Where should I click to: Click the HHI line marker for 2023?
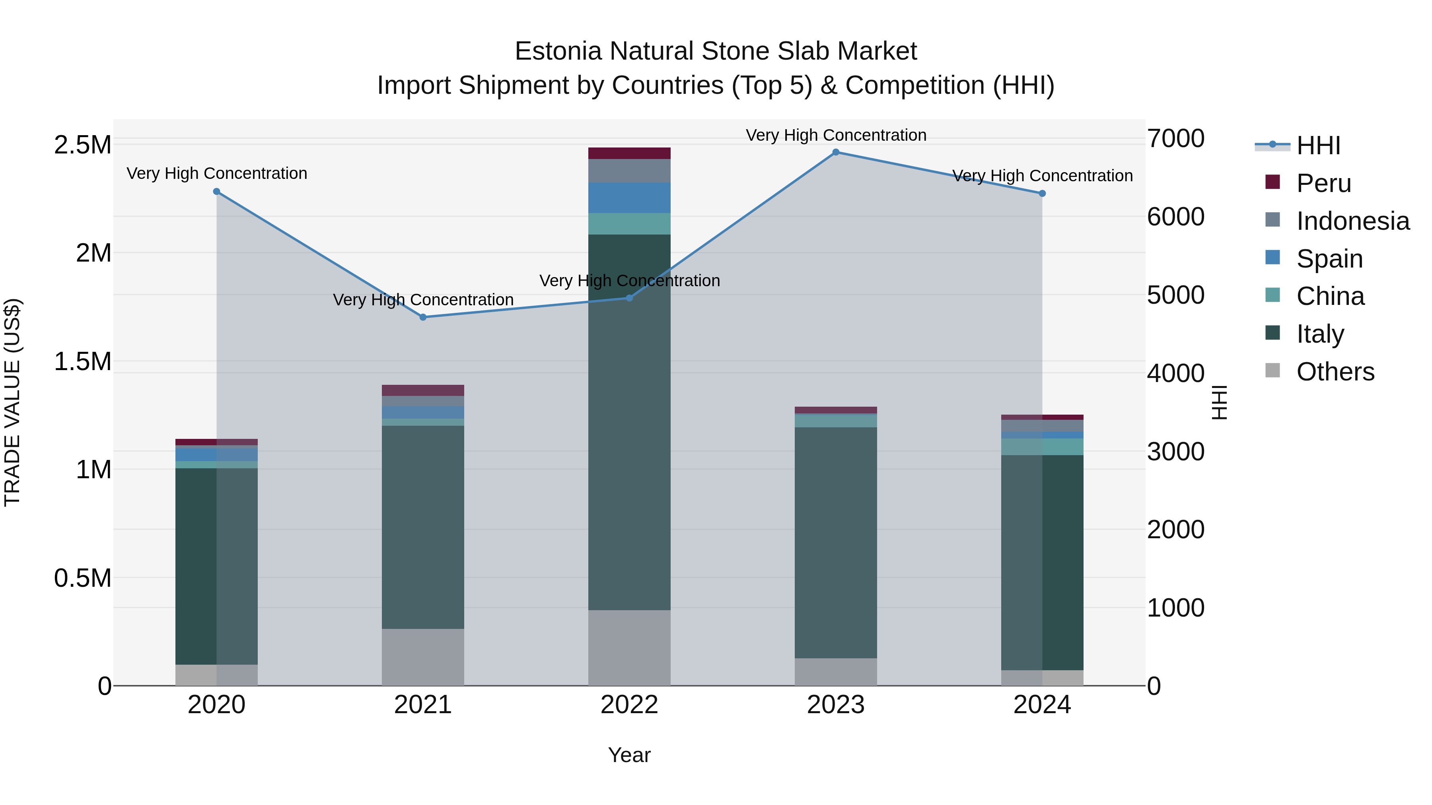(835, 152)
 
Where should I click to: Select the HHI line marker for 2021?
(423, 317)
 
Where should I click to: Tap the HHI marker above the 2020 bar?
(217, 192)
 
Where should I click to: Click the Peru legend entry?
(1323, 183)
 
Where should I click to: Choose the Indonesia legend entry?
(1352, 221)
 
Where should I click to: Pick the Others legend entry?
(1335, 372)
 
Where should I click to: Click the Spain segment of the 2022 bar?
(629, 198)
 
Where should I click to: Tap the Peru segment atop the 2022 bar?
(629, 153)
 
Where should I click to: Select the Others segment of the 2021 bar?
(423, 657)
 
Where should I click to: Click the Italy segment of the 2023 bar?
(835, 542)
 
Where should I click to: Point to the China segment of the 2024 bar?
(1042, 447)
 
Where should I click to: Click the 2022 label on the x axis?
(629, 705)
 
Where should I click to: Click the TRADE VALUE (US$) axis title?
(12, 402)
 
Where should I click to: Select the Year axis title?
(629, 755)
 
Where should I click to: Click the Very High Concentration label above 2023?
(835, 135)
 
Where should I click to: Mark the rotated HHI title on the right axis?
(1220, 402)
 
